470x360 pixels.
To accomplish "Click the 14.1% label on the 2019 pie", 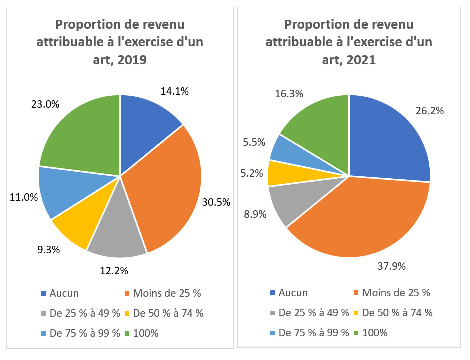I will coord(175,91).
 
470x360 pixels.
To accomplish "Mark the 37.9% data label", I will coord(391,266).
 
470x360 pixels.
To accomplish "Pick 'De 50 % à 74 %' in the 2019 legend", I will coord(168,313).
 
